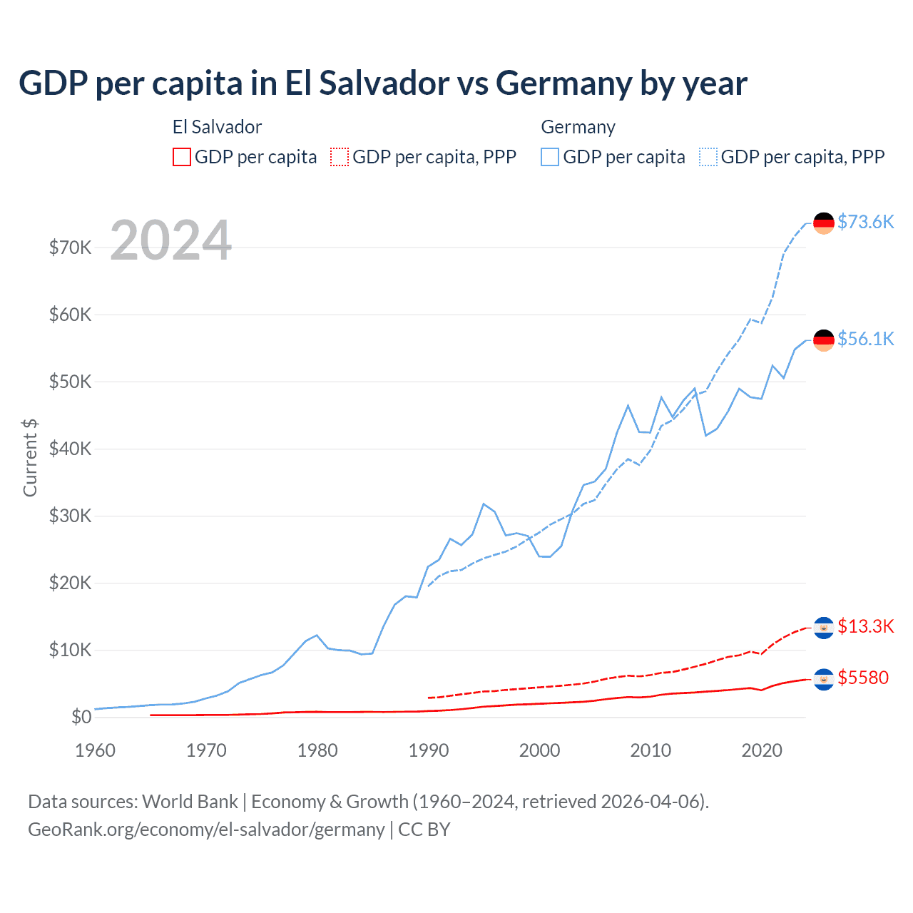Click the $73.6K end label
pyautogui.click(x=865, y=222)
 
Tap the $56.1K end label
pyautogui.click(x=865, y=339)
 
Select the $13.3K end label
pyautogui.click(x=865, y=626)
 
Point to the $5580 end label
pyautogui.click(x=863, y=678)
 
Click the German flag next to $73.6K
pyautogui.click(x=824, y=223)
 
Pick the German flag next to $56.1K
pyautogui.click(x=824, y=340)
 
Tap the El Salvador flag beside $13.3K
pyautogui.click(x=824, y=628)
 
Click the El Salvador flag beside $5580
pyautogui.click(x=824, y=679)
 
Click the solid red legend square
pyautogui.click(x=182, y=157)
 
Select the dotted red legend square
pyautogui.click(x=340, y=157)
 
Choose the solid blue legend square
pyautogui.click(x=550, y=157)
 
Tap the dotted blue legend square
pyautogui.click(x=708, y=157)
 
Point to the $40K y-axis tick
pyautogui.click(x=70, y=449)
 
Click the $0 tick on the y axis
pyautogui.click(x=81, y=717)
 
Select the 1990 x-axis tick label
pyautogui.click(x=429, y=750)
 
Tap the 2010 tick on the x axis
pyautogui.click(x=651, y=750)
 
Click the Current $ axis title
pyautogui.click(x=30, y=457)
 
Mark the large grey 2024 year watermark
pyautogui.click(x=171, y=240)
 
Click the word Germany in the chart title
pyautogui.click(x=563, y=83)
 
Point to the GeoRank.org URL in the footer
pyautogui.click(x=206, y=830)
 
